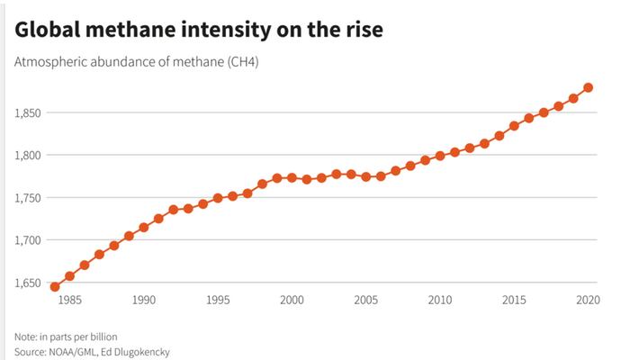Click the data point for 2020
(x=588, y=87)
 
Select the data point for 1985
(x=69, y=276)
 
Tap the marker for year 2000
(x=292, y=177)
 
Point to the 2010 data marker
(x=440, y=156)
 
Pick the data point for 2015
(x=514, y=126)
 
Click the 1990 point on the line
(x=143, y=228)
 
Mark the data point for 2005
(x=365, y=176)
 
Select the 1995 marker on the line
(x=218, y=198)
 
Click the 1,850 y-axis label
(x=28, y=112)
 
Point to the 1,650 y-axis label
(x=28, y=283)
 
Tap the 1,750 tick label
(x=28, y=198)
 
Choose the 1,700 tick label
(x=28, y=240)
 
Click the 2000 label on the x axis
(x=292, y=300)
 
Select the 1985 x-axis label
(x=69, y=300)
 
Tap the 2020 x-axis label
(x=588, y=300)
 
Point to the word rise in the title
(x=364, y=30)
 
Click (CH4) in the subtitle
(x=243, y=62)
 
